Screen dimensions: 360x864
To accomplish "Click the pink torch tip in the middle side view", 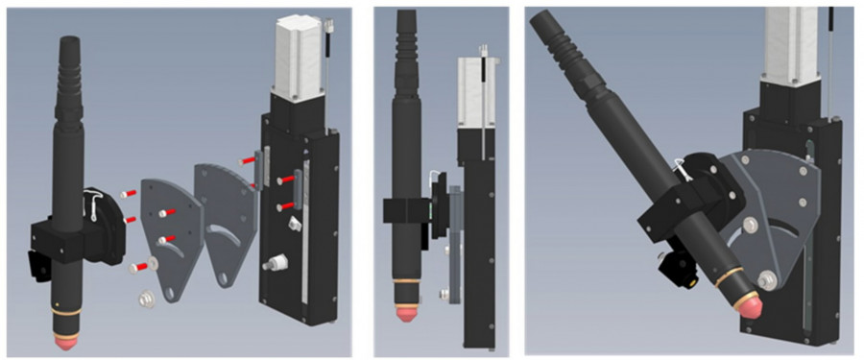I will [x=404, y=313].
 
